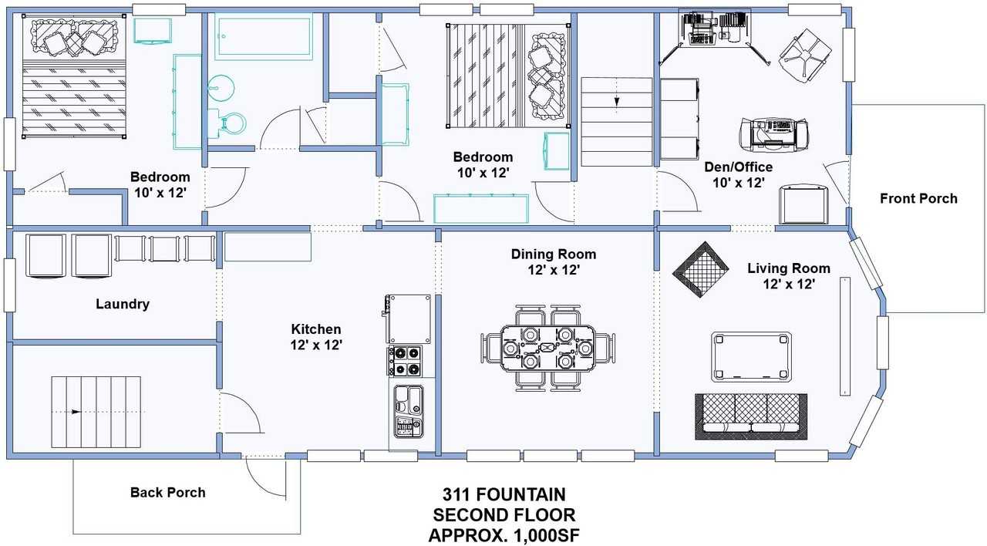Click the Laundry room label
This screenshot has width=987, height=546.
click(123, 304)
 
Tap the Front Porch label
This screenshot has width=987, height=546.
click(918, 199)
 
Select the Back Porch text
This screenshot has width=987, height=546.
click(168, 492)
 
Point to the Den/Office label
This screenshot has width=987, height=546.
click(739, 167)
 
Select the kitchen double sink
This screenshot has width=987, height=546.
click(409, 411)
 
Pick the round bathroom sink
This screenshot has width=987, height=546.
click(221, 88)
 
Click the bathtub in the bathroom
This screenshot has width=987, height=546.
click(264, 36)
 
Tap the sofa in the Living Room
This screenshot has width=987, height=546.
click(751, 416)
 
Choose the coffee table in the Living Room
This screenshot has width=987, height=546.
click(751, 357)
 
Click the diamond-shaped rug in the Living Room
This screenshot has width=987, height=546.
click(700, 269)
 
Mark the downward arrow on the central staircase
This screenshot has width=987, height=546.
click(616, 102)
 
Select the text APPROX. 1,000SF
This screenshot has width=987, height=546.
click(504, 535)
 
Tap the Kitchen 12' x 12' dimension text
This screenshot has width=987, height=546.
click(316, 345)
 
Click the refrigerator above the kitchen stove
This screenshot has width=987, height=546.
click(407, 319)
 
